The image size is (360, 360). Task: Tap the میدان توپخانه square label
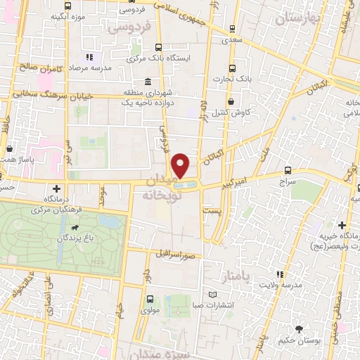click(x=167, y=189)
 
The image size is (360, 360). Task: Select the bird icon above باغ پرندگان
click(x=74, y=228)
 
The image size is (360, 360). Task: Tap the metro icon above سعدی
click(x=231, y=29)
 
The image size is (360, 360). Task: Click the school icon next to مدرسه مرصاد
click(x=89, y=57)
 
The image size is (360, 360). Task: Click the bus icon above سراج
click(x=289, y=170)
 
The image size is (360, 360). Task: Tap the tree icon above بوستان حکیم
click(x=300, y=329)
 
